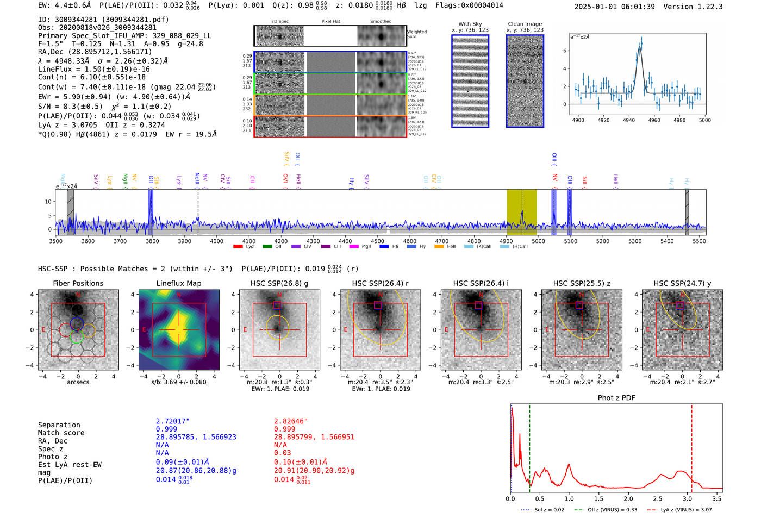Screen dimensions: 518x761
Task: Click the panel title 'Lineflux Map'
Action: [178, 283]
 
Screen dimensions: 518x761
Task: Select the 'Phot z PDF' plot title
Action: [616, 398]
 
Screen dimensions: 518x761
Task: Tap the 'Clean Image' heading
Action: [525, 24]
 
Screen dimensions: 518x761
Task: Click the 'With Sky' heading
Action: [470, 24]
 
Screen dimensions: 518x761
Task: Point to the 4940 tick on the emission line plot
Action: [629, 120]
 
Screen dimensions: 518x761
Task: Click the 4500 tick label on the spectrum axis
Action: [377, 241]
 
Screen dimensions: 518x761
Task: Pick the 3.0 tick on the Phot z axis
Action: [687, 498]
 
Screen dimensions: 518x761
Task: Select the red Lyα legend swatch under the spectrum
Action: [238, 247]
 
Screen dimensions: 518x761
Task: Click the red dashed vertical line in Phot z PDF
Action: [691, 446]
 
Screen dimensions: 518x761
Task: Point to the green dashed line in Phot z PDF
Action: [529, 446]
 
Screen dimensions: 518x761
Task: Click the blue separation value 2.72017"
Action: [173, 421]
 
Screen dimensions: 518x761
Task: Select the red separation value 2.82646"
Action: [291, 421]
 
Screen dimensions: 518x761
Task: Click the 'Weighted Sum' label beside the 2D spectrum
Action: [416, 34]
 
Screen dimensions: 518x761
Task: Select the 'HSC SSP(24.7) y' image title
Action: [682, 283]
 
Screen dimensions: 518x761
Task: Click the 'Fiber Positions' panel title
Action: [78, 283]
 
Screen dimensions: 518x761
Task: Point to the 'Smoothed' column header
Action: [380, 22]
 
